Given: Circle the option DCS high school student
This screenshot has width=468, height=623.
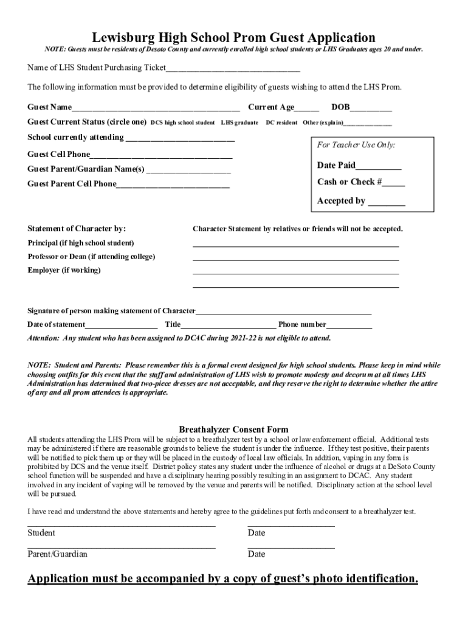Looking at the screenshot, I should [x=182, y=123].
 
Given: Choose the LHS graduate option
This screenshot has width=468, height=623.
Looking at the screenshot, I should [x=239, y=123].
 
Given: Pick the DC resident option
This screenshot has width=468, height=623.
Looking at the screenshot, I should [x=281, y=123].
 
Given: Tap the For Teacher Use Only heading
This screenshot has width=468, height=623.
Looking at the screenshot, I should [x=356, y=145].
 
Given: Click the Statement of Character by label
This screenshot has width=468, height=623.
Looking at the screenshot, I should [x=77, y=229].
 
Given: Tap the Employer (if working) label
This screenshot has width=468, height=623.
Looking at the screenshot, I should [x=64, y=270].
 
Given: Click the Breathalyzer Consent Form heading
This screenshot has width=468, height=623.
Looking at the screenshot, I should [x=233, y=430].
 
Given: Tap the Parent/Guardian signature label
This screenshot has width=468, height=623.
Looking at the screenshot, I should [x=57, y=554].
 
